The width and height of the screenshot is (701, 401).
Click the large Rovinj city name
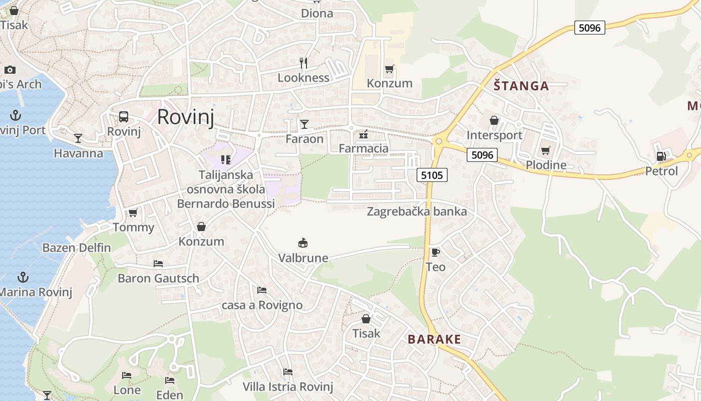click(185, 117)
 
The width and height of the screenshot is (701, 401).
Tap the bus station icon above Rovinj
click(124, 117)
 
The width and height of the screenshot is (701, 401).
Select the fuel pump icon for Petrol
click(661, 156)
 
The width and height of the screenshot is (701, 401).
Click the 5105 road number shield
click(432, 175)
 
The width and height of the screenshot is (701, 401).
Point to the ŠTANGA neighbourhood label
click(521, 86)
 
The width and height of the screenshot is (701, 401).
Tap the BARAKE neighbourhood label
click(434, 339)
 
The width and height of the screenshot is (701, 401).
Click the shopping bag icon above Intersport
click(494, 120)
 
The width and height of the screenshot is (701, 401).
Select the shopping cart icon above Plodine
click(546, 150)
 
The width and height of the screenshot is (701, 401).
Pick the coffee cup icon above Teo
click(435, 252)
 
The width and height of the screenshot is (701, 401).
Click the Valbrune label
click(303, 258)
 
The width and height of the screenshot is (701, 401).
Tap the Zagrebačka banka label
click(417, 212)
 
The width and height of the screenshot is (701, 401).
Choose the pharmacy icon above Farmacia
click(364, 134)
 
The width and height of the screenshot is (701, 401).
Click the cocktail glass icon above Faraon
click(304, 124)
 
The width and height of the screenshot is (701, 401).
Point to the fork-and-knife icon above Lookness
click(303, 63)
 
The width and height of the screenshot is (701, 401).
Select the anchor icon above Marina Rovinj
click(23, 277)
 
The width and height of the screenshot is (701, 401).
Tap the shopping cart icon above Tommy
click(133, 213)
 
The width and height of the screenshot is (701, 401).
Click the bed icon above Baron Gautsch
click(158, 263)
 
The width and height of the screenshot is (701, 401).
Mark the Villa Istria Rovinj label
click(288, 386)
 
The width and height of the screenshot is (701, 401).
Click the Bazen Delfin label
click(77, 248)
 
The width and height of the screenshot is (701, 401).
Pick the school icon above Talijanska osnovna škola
click(225, 160)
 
